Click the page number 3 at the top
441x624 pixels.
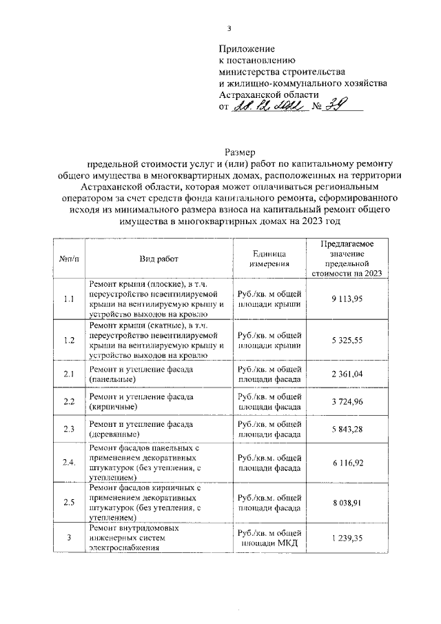click(230, 28)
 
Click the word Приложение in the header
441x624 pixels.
click(247, 49)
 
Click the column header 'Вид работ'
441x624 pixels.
click(158, 259)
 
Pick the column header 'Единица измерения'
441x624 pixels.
click(269, 259)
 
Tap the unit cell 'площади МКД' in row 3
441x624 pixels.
click(269, 543)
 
